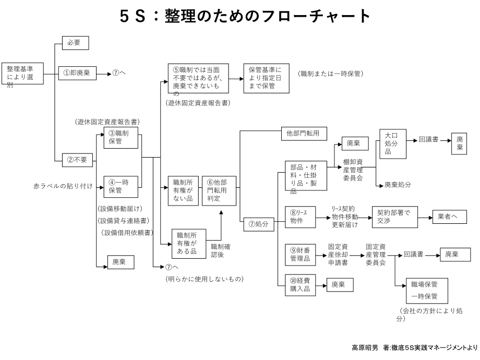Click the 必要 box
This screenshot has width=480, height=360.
tap(75, 43)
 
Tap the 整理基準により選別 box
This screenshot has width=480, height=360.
tap(22, 76)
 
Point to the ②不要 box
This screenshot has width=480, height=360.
tap(78, 161)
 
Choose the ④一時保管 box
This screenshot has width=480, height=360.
tap(121, 186)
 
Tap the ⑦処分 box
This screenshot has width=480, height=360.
tap(259, 224)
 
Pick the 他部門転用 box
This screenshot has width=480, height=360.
tap(303, 134)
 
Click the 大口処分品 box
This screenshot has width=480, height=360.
tap(392, 144)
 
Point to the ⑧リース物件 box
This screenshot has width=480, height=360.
tap(300, 218)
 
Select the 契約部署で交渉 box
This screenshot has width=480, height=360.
tap(394, 217)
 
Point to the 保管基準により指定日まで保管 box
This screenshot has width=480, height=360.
tap(266, 79)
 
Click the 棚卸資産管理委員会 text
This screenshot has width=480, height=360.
tap(356, 169)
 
